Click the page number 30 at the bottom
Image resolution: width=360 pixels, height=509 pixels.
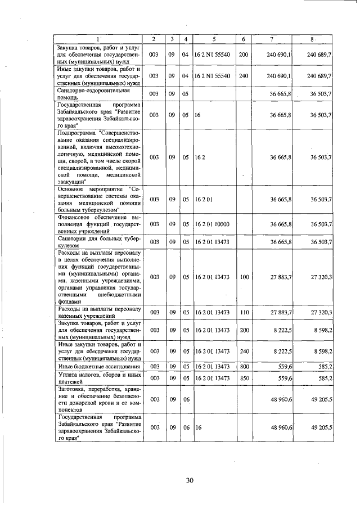pos(189,480)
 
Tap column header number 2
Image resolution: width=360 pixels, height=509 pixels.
pos(154,38)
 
